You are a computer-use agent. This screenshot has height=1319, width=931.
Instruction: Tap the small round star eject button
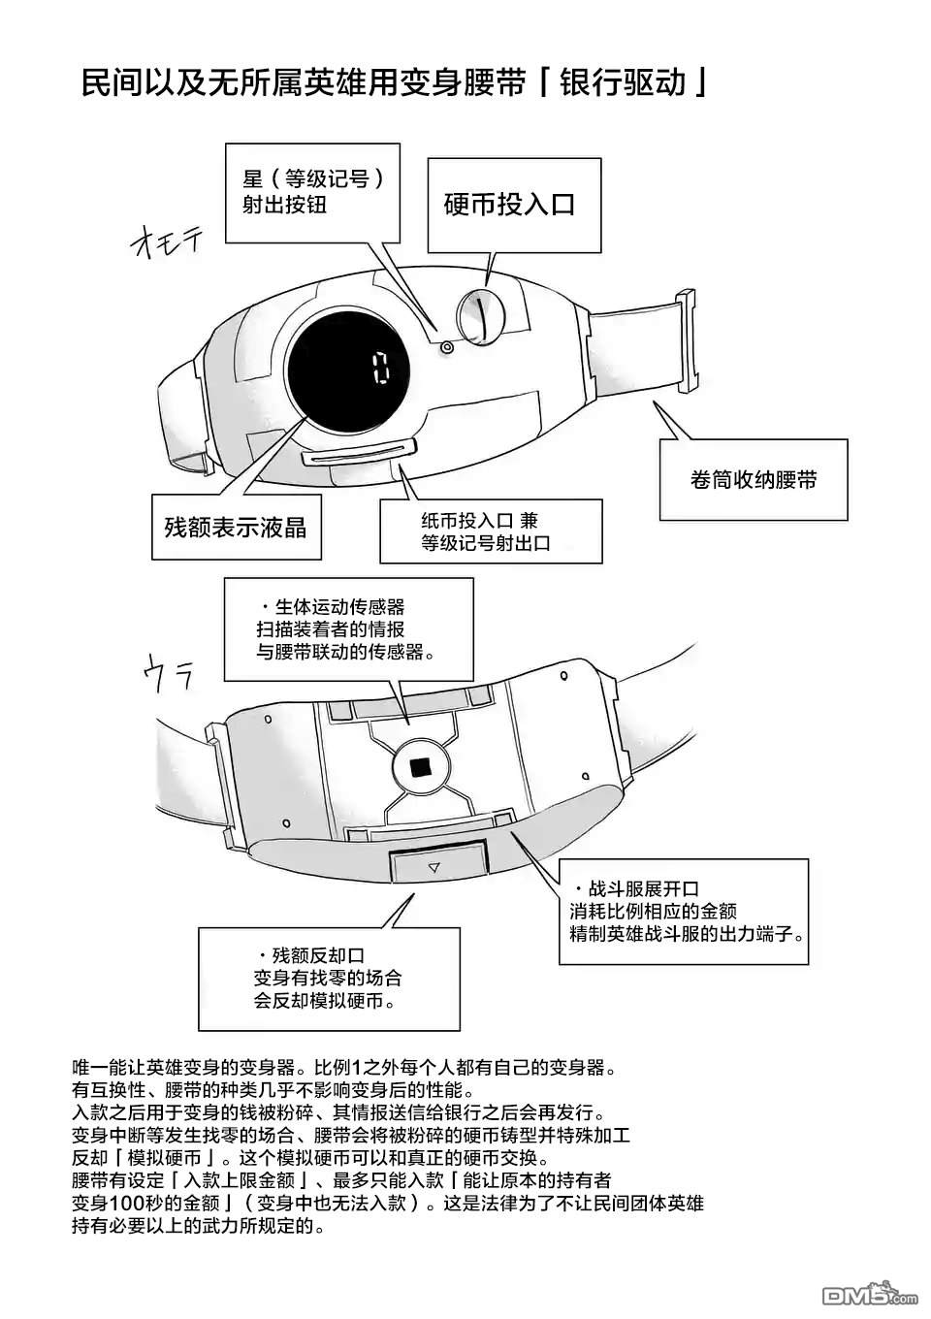pos(446,346)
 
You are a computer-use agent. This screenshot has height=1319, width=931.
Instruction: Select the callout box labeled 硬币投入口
pos(509,204)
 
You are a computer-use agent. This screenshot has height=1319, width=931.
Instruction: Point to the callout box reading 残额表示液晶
pos(236,527)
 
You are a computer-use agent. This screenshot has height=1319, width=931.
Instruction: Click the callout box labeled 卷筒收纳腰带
pos(754,479)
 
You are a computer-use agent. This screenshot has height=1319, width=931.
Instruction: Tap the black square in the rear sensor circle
pos(421,767)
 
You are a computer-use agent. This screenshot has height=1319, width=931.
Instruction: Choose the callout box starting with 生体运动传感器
pos(348,629)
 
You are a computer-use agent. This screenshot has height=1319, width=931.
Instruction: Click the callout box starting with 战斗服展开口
pos(683,912)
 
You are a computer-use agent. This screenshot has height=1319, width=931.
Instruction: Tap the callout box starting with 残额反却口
pos(328,978)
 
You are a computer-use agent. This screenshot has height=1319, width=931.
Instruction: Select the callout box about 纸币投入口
pos(490,531)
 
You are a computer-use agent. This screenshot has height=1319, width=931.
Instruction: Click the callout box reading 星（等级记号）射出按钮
pos(312,192)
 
